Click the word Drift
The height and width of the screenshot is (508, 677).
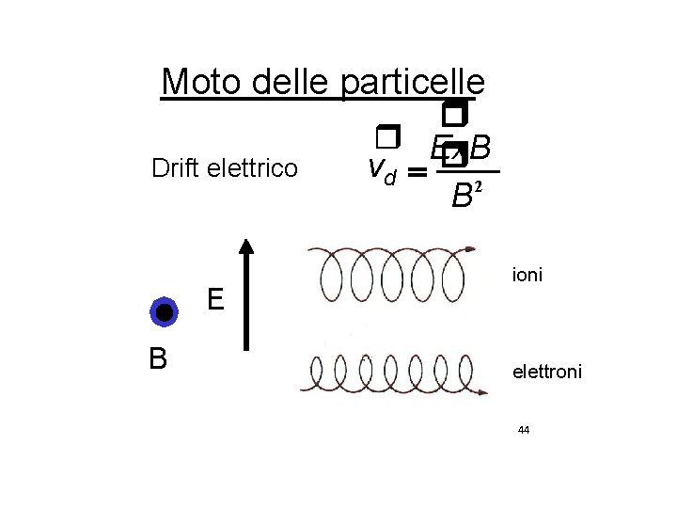[178, 169]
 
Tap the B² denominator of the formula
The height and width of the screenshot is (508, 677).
[464, 196]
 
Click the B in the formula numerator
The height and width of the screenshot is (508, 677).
[480, 148]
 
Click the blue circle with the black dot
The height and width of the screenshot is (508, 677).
[164, 312]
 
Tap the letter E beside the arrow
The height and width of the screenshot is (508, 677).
[215, 300]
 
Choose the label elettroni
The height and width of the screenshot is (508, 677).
[547, 373]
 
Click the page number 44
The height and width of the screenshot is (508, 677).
[524, 430]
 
